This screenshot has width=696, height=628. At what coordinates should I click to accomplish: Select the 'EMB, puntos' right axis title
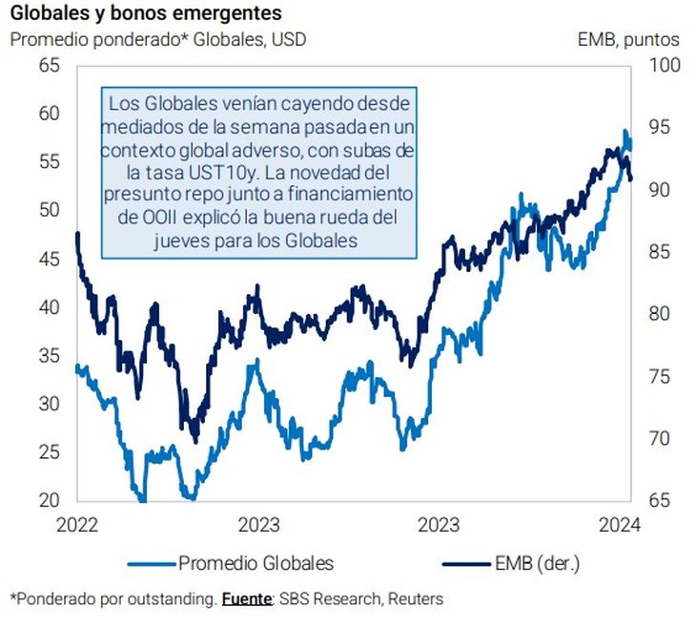pos(628,40)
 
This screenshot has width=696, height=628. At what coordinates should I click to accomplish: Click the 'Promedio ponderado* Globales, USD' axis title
pos(158,40)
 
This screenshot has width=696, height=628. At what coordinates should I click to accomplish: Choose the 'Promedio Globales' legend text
pos(256,563)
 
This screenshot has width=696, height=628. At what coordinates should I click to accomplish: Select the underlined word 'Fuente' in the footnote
pos(247,599)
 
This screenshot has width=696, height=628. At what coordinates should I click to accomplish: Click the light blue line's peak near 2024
pos(625,131)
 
